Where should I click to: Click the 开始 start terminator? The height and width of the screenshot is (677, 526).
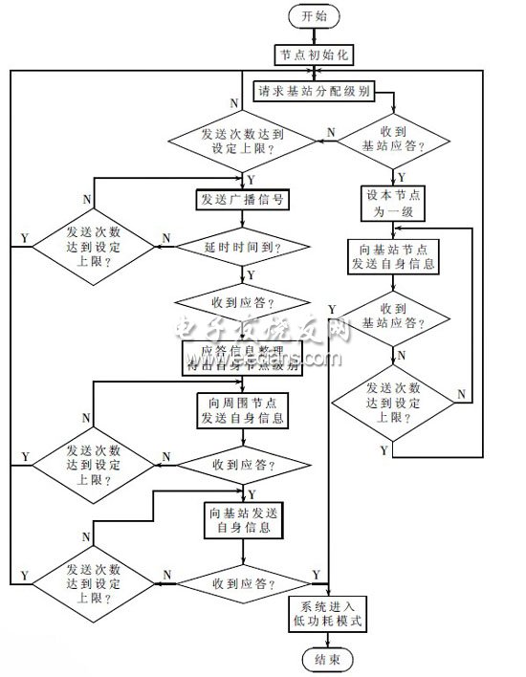313,15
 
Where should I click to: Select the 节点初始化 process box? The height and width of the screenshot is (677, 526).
314,55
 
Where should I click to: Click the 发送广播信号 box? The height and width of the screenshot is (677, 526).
242,199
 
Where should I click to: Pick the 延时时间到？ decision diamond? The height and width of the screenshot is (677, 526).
242,246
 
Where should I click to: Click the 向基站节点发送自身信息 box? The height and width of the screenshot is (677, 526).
392,257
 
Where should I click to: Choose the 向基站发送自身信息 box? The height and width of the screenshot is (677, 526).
242,519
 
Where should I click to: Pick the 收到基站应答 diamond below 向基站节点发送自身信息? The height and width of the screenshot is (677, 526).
392,318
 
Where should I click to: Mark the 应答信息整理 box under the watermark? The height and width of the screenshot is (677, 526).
242,357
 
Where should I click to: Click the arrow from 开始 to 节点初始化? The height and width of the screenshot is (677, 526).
313,34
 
